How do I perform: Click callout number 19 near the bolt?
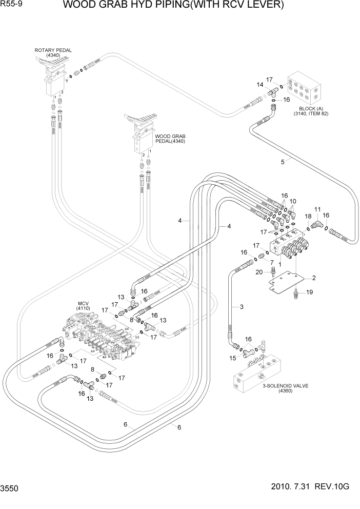pyautogui.click(x=309, y=292)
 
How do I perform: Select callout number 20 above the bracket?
pyautogui.click(x=259, y=272)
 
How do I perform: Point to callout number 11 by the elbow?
pyautogui.click(x=317, y=209)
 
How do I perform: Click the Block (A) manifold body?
pyautogui.click(x=306, y=91)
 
